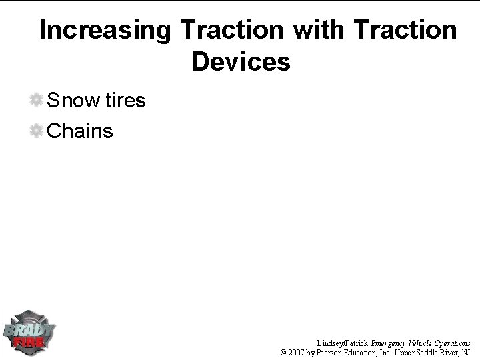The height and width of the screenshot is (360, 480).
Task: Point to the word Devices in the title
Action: (241, 62)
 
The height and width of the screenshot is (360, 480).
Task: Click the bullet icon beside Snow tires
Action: (36, 101)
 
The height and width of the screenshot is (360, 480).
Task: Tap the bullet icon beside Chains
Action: (36, 131)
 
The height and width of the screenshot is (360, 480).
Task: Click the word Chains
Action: (81, 131)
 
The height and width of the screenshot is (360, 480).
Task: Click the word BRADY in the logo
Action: (29, 329)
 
